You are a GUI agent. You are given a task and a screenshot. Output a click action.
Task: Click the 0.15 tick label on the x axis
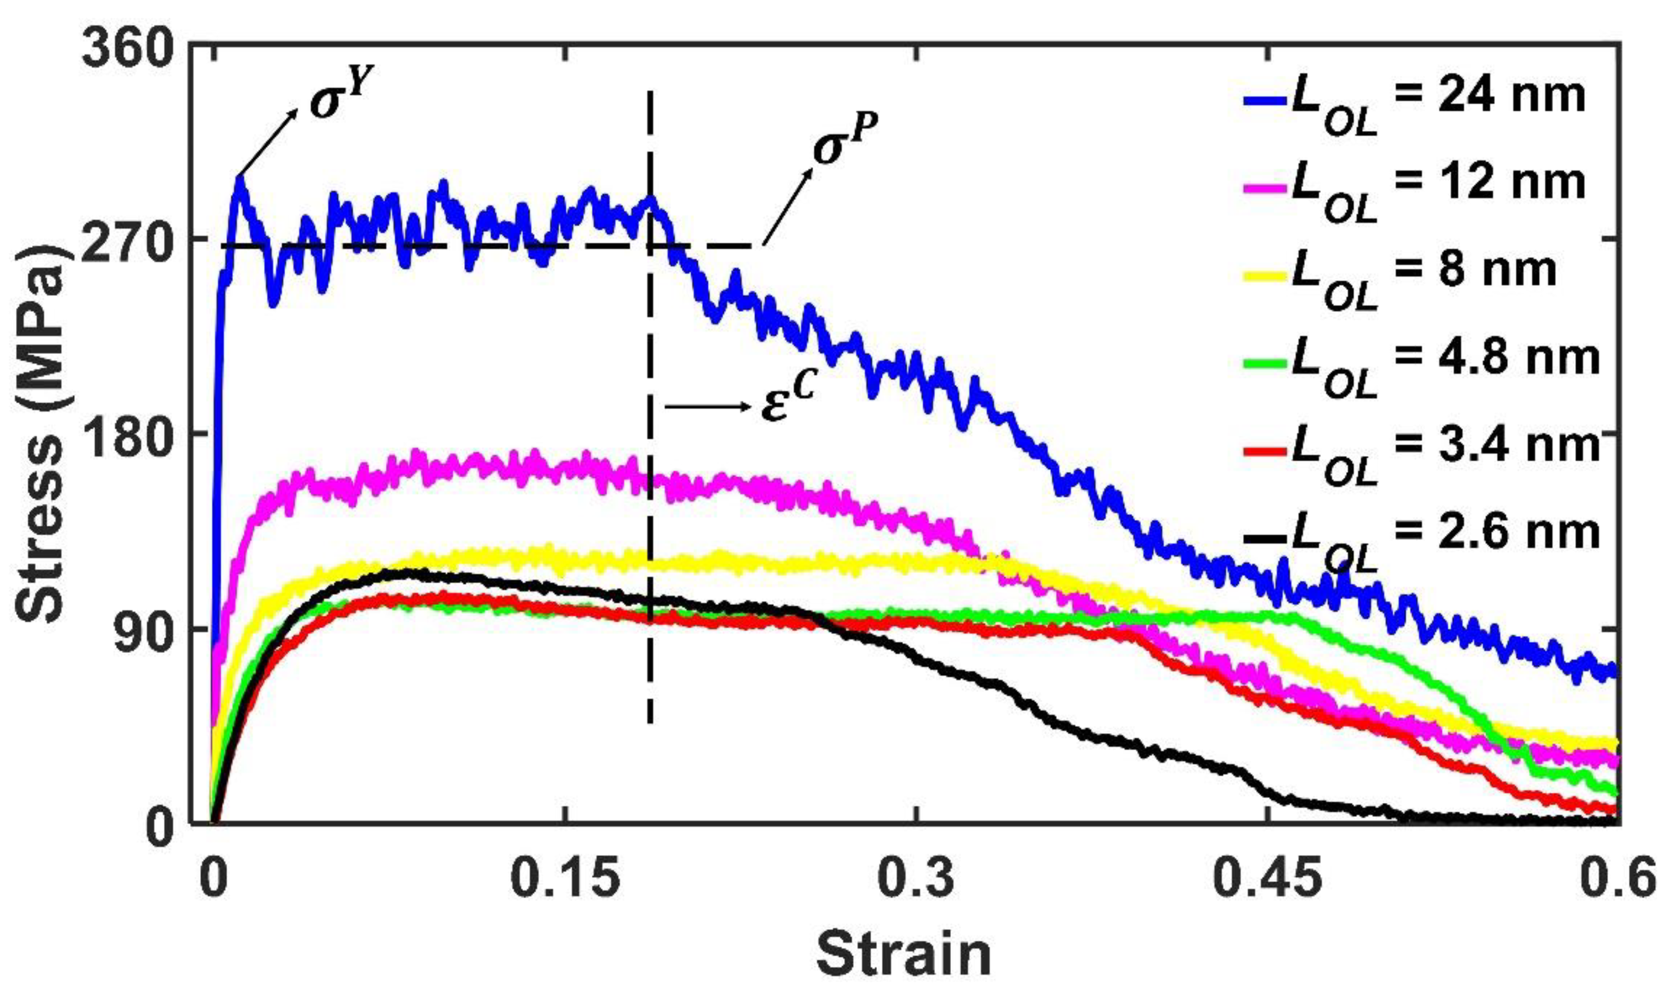point(565,878)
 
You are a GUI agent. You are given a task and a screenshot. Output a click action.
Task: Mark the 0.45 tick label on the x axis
point(1267,878)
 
